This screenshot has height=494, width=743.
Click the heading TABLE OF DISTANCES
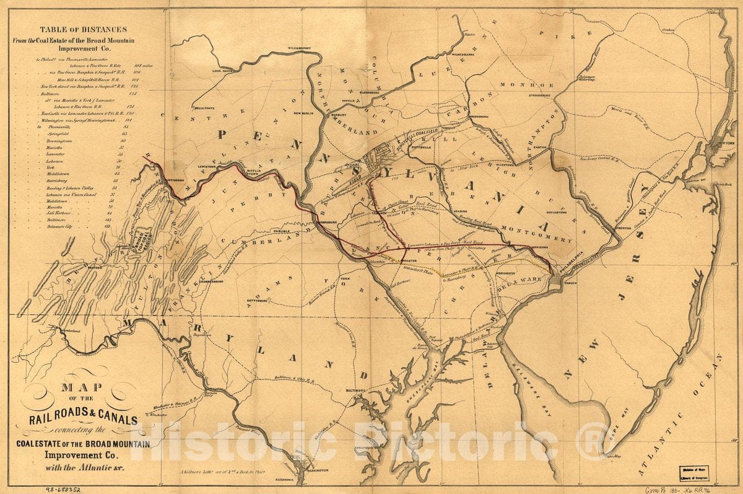[83, 29]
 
